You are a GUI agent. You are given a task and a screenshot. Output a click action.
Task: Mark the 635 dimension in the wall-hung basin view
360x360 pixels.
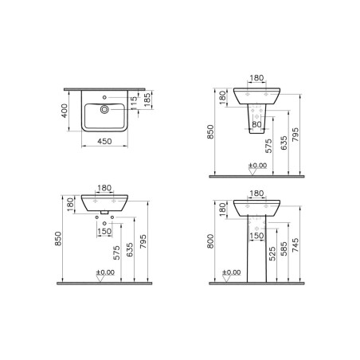pos(129,250)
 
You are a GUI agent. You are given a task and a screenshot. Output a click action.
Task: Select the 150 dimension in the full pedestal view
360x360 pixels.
pos(257,235)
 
